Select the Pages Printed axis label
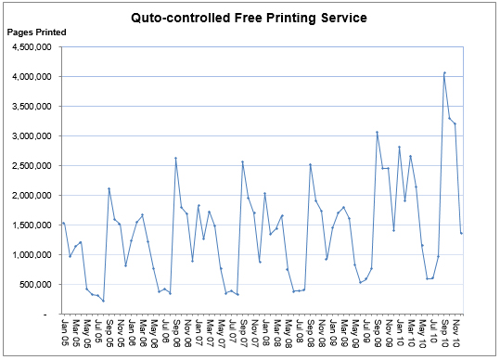coord(36,32)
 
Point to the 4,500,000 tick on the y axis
coord(32,46)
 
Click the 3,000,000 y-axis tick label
coord(32,135)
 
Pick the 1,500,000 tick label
coord(32,225)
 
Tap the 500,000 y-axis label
coord(36,284)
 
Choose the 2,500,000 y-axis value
coord(32,165)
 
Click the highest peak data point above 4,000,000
coord(444,72)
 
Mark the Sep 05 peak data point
coord(109,189)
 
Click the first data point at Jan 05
coord(64,224)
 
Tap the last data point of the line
coord(461,232)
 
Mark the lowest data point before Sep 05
coord(103,301)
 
